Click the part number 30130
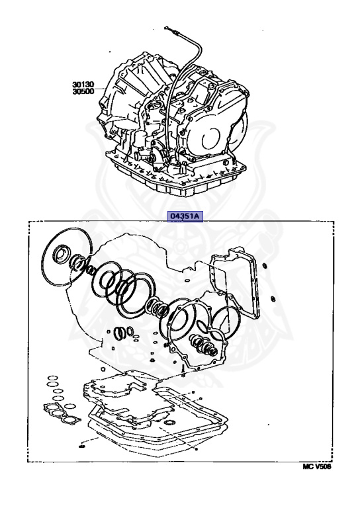pos(85,85)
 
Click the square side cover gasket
pos(239,278)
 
